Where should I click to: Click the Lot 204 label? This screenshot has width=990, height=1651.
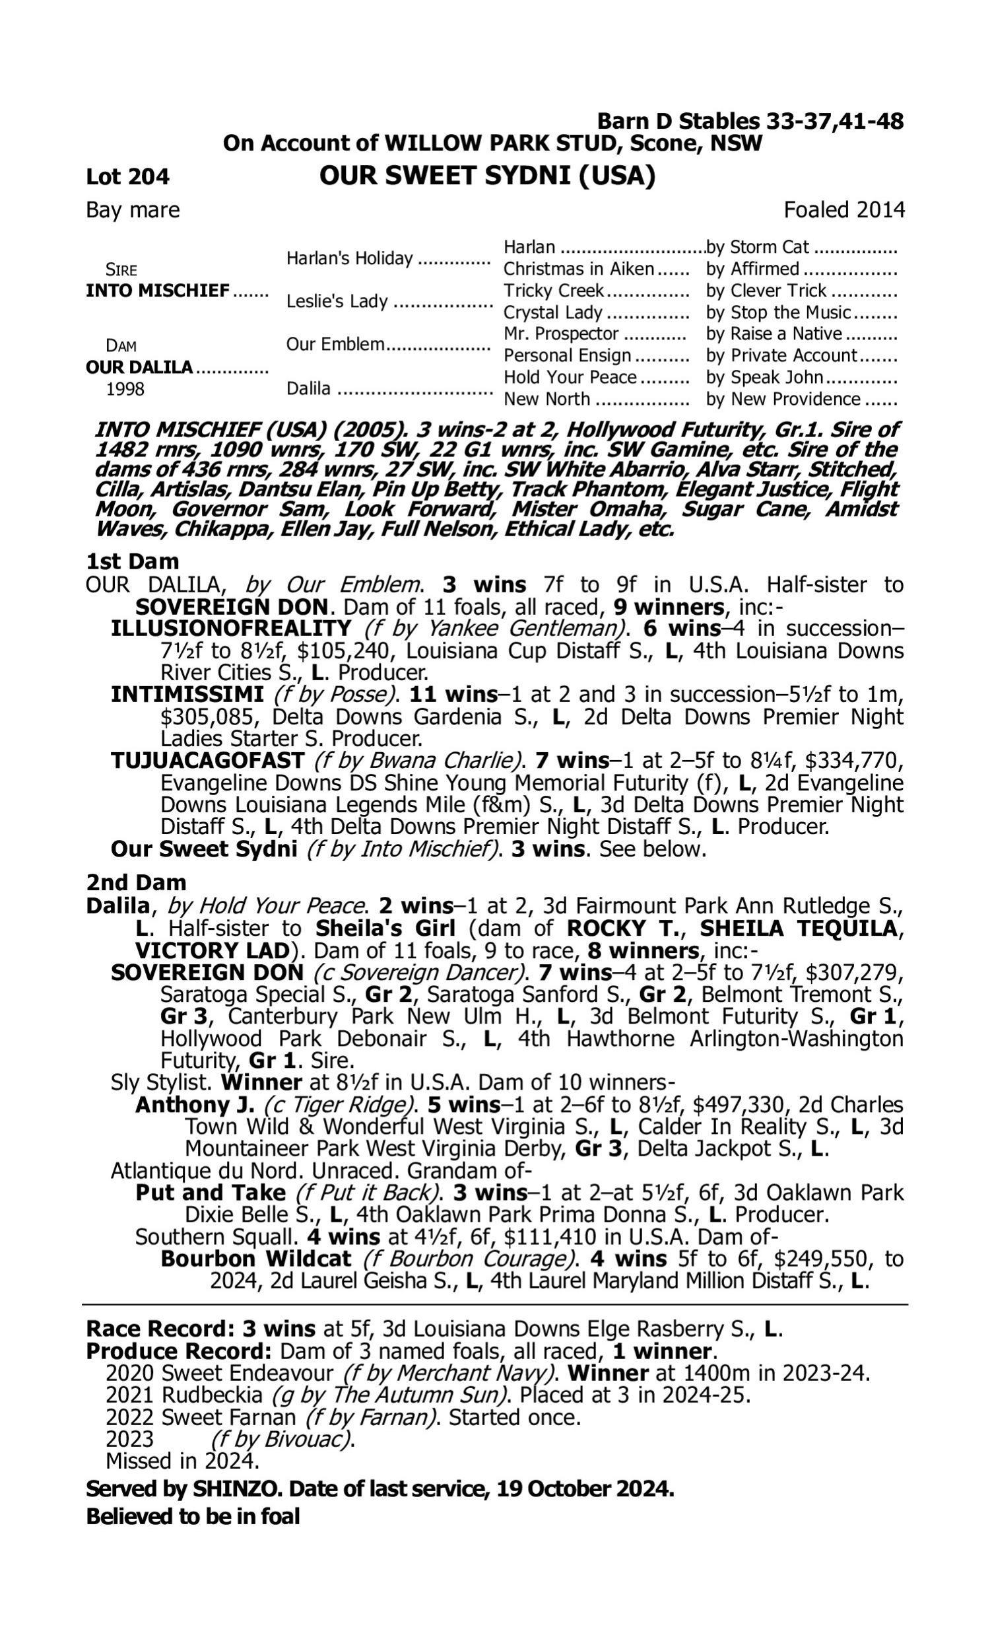127,177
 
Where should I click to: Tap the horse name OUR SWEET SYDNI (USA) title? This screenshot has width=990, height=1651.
487,176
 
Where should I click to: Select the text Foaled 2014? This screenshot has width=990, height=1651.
844,210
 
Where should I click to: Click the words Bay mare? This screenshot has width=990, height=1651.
133,210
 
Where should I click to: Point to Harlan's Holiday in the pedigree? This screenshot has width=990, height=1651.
350,258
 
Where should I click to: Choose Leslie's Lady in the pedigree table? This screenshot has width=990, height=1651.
337,302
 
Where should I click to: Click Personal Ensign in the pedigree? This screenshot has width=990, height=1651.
566,356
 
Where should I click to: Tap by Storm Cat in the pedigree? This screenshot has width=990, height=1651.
757,248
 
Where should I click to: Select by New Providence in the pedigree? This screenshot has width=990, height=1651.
783,399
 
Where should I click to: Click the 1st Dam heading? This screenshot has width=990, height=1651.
132,561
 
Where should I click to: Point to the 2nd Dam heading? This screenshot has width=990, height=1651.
135,883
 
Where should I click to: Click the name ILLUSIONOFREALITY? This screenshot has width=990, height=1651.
231,629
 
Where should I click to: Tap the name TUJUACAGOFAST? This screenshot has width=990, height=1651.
207,760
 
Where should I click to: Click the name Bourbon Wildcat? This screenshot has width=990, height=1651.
255,1259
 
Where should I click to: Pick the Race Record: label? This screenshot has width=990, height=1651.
160,1329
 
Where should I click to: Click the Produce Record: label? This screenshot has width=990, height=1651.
179,1351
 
